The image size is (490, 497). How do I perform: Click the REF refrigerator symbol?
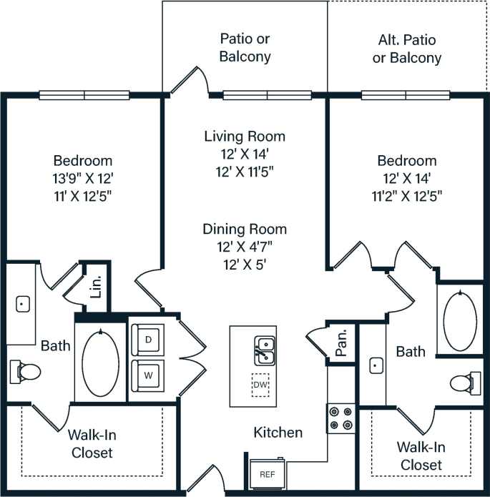tap(266, 473)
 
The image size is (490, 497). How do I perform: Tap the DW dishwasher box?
tap(261, 385)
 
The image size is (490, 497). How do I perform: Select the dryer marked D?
tap(148, 340)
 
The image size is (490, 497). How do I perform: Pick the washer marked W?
tap(148, 374)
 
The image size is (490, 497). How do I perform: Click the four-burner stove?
tap(342, 418)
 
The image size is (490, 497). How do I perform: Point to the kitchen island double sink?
tap(265, 350)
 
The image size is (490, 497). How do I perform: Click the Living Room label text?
tap(245, 136)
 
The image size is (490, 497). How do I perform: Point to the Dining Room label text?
tap(245, 230)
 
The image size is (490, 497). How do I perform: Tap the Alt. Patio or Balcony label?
tap(407, 49)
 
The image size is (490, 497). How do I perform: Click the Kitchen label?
tap(278, 433)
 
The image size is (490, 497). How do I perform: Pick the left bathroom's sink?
tap(22, 304)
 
